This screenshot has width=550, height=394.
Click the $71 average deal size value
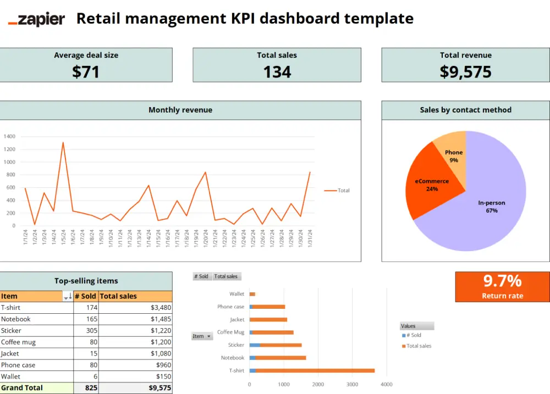click(x=86, y=72)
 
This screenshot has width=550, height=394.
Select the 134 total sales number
click(x=277, y=72)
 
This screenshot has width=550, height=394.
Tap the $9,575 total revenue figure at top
click(x=465, y=72)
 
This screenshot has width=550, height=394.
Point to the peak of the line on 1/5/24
click(x=63, y=143)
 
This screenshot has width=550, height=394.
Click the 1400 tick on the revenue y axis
click(x=9, y=137)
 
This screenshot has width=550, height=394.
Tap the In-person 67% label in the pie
click(x=491, y=207)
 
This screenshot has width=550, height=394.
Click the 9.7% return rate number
click(x=502, y=281)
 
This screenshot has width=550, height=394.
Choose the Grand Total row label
click(x=22, y=387)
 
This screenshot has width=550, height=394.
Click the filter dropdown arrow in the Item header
click(x=67, y=297)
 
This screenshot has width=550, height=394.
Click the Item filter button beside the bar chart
click(x=202, y=336)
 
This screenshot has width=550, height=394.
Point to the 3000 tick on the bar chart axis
click(x=352, y=384)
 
